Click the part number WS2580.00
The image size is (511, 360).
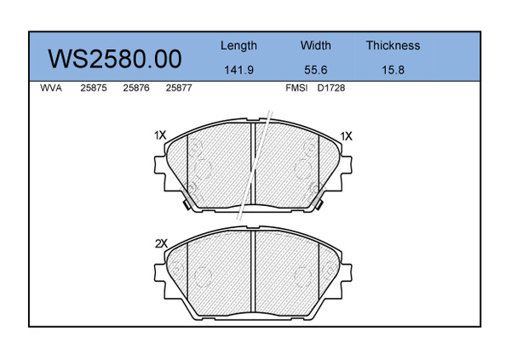pyautogui.click(x=115, y=59)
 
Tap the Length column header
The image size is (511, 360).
pyautogui.click(x=238, y=46)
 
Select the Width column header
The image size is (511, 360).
pyautogui.click(x=315, y=45)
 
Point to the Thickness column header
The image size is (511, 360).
pyautogui.click(x=393, y=45)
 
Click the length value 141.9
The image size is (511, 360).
pyautogui.click(x=238, y=70)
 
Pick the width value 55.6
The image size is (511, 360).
pyautogui.click(x=315, y=70)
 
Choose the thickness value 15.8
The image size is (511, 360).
pyautogui.click(x=393, y=70)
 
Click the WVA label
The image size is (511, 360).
pyautogui.click(x=51, y=88)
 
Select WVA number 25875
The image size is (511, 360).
pyautogui.click(x=94, y=88)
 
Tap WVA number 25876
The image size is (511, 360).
pyautogui.click(x=136, y=88)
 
